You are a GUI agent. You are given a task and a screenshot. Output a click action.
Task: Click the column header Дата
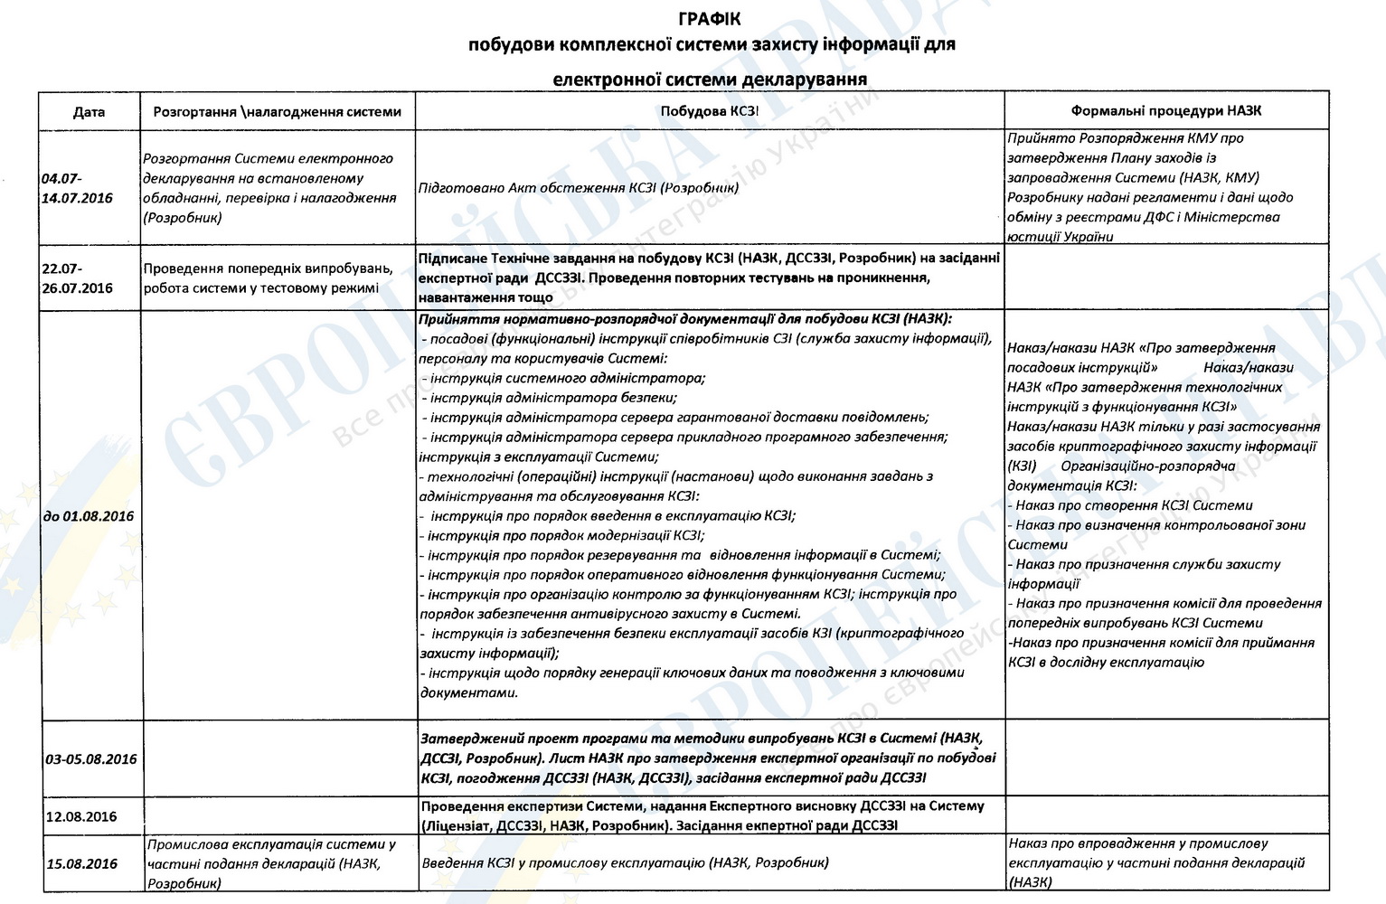coord(89,112)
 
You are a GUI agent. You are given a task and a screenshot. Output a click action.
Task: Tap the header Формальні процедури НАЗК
coord(1165,111)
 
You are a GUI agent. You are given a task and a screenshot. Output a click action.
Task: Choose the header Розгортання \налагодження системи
coord(278,112)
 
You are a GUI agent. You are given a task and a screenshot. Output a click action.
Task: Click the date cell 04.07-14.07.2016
coord(78,188)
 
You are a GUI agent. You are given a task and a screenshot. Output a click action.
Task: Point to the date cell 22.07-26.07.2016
coord(78,278)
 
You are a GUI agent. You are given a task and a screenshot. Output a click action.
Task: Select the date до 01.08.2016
coord(89,516)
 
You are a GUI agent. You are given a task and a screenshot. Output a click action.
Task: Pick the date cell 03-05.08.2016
coord(90,758)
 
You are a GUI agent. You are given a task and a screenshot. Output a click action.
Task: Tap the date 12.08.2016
coord(81,816)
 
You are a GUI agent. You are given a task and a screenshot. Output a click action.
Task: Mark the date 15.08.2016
coord(81,863)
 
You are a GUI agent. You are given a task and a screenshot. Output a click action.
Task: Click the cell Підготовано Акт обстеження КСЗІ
coord(579,188)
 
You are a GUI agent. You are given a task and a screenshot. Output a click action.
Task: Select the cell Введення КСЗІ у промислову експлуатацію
coord(625,862)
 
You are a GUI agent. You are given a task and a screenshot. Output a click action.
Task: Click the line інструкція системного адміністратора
coord(566,378)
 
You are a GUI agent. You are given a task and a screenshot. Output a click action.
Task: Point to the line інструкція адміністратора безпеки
coord(552,398)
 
